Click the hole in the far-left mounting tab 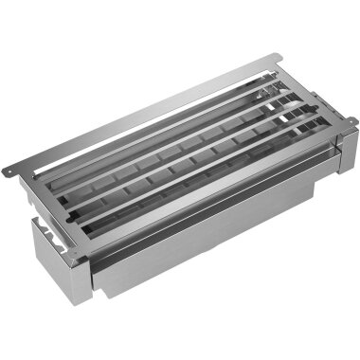click(x=8, y=170)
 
